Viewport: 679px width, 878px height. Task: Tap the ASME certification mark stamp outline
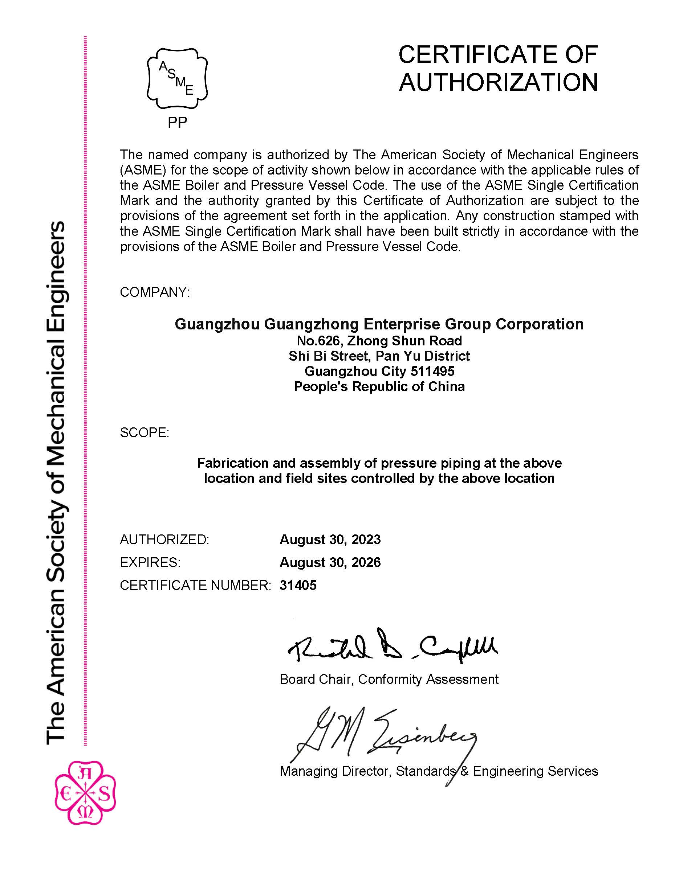177,78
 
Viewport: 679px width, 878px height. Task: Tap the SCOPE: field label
145,432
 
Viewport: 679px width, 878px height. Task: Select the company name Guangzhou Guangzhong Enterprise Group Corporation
379,324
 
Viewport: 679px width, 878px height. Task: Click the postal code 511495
432,371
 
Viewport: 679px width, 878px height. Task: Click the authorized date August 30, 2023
330,539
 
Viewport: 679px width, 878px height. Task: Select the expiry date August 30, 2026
330,562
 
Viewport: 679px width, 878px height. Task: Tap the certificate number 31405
298,585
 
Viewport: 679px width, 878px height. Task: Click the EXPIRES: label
150,562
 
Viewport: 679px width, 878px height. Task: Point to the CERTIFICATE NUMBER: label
195,585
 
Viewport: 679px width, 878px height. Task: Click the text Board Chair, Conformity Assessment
389,680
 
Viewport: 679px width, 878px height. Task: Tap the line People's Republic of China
379,386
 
